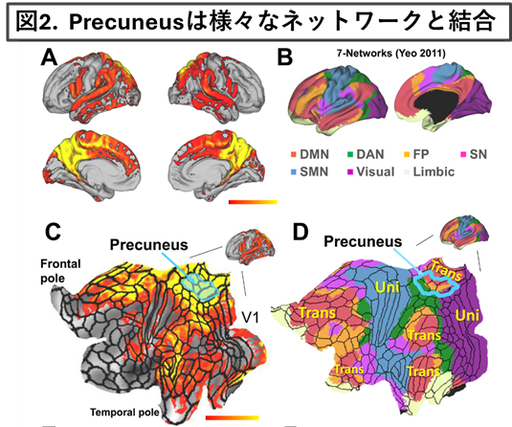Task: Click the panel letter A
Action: [50, 57]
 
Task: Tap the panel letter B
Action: [285, 57]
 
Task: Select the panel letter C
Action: [53, 232]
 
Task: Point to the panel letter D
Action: [301, 232]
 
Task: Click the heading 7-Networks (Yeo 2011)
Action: [391, 53]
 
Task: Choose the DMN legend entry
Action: [310, 154]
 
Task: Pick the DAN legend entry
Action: [366, 154]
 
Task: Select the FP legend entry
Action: [416, 154]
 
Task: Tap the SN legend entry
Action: [474, 154]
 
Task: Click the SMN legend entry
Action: [309, 171]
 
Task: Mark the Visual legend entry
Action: [371, 171]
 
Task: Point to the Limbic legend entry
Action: [430, 171]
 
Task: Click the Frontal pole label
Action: [60, 271]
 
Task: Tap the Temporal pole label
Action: [124, 412]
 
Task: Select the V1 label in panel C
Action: [250, 317]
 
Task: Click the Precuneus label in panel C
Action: [149, 245]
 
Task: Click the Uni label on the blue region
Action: [388, 287]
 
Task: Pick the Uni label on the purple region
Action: [467, 315]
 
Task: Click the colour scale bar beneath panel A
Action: [253, 202]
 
